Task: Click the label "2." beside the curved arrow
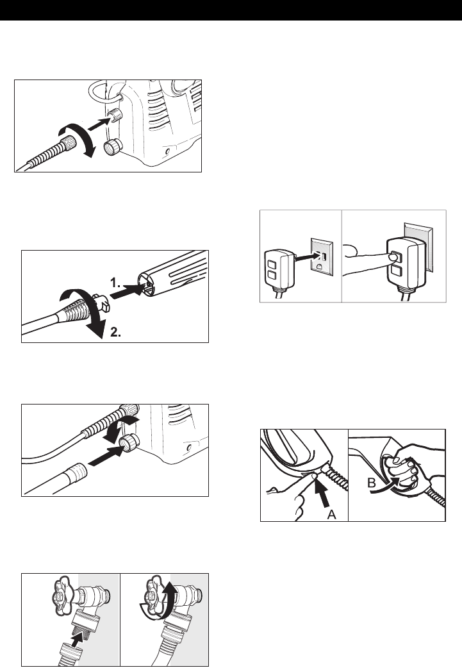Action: point(116,333)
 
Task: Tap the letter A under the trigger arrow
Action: point(331,515)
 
